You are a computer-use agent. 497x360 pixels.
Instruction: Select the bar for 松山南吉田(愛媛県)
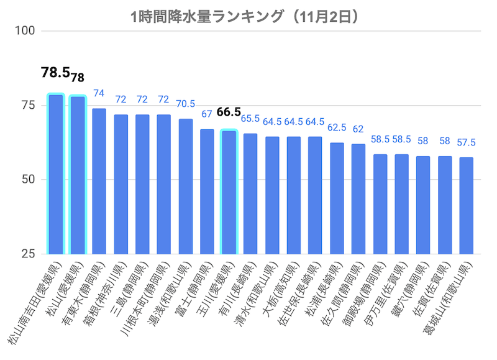click(x=56, y=174)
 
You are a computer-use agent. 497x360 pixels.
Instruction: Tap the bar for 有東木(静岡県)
click(x=99, y=181)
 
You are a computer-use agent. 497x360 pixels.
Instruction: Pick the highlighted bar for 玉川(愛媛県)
click(x=229, y=192)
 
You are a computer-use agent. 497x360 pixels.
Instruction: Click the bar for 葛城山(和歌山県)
click(x=466, y=206)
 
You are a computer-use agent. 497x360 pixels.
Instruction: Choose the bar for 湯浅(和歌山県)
click(x=186, y=186)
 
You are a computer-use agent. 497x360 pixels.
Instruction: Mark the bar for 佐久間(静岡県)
click(x=358, y=199)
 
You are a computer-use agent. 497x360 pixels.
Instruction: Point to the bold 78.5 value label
click(x=55, y=73)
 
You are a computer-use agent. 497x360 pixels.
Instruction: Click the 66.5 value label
click(x=229, y=112)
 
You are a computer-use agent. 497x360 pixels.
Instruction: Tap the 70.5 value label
click(x=186, y=104)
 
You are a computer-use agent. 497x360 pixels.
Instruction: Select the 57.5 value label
click(x=466, y=142)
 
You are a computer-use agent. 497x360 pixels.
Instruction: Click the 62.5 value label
click(x=337, y=127)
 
